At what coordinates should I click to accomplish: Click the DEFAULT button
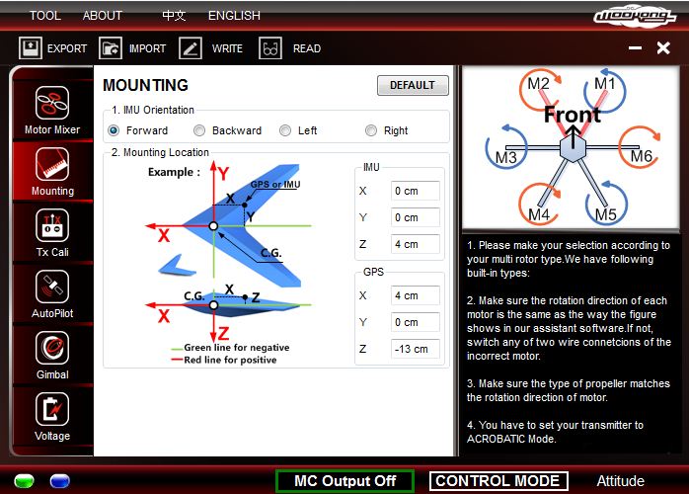(413, 85)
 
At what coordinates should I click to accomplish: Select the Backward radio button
(199, 130)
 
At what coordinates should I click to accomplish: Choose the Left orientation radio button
(285, 130)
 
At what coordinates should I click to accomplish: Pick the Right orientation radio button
(371, 130)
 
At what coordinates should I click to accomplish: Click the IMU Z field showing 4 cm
(416, 244)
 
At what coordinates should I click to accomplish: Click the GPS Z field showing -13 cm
(416, 349)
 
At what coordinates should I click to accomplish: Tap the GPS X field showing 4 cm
(416, 295)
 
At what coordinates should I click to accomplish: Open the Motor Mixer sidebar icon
(52, 103)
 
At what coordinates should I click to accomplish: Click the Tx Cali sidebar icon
(52, 225)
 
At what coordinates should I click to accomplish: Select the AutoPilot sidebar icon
(52, 287)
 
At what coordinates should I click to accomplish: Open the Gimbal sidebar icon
(52, 348)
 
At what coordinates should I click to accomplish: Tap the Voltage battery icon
(52, 409)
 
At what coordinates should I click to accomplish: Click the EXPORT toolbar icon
(31, 48)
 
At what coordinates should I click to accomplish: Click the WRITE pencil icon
(191, 48)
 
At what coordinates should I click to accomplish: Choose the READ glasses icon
(270, 48)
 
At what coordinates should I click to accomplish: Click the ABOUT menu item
(102, 16)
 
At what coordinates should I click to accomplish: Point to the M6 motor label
(642, 156)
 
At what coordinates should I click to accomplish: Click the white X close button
(663, 48)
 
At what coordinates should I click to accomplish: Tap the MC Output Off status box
(344, 481)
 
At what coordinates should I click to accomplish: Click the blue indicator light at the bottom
(60, 481)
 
